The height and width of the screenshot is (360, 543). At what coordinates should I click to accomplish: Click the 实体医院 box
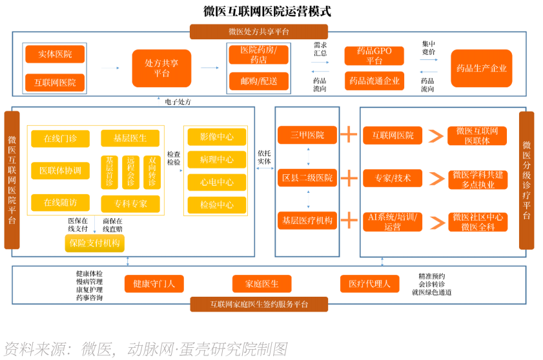coord(55,54)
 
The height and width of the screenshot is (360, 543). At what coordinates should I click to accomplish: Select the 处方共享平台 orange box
coord(161,68)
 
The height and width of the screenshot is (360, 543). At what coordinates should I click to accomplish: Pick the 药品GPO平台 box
coord(374,55)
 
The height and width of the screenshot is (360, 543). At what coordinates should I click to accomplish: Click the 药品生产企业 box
coord(481,68)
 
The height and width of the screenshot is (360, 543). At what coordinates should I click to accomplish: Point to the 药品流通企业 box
coord(374,81)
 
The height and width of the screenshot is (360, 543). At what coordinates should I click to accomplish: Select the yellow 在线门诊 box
coord(60,139)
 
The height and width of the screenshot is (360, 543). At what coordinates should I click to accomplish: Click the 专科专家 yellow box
coord(130,204)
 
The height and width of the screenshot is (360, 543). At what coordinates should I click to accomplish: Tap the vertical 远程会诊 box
coord(130,172)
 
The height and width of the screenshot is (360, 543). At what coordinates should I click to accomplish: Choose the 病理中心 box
coord(216,159)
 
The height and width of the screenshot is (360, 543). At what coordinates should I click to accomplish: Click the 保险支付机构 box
coord(94,243)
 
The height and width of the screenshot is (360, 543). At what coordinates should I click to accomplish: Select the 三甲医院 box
coord(307,135)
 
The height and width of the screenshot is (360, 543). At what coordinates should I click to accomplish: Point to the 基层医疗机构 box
coord(307,221)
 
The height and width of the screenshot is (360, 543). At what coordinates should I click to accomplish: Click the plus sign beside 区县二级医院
coord(349,177)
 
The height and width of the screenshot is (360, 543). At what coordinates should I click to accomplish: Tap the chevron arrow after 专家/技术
coord(436,178)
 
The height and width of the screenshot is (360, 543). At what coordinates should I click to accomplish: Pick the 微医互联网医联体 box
coord(477,135)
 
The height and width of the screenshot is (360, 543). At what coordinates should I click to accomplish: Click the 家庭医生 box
coord(261,283)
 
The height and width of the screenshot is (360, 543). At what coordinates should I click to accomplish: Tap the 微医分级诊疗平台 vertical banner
coord(526,180)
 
